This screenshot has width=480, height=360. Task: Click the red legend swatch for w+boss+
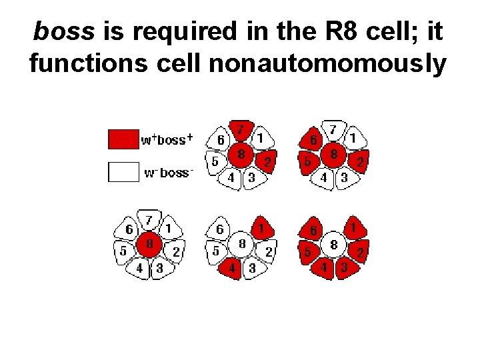pos(123,139)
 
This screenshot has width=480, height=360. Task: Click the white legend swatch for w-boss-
pos(123,172)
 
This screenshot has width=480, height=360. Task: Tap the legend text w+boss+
pos(167,140)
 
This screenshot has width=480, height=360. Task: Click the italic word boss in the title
pos(61,31)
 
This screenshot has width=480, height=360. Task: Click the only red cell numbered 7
pos(241,129)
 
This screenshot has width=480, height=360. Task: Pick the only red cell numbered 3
pos(344,269)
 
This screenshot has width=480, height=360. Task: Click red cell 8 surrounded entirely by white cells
pos(149,244)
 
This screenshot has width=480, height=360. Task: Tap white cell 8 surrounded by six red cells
pos(333,245)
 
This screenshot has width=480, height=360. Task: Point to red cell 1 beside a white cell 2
pos(261,229)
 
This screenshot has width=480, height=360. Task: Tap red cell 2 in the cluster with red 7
pos(267,162)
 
